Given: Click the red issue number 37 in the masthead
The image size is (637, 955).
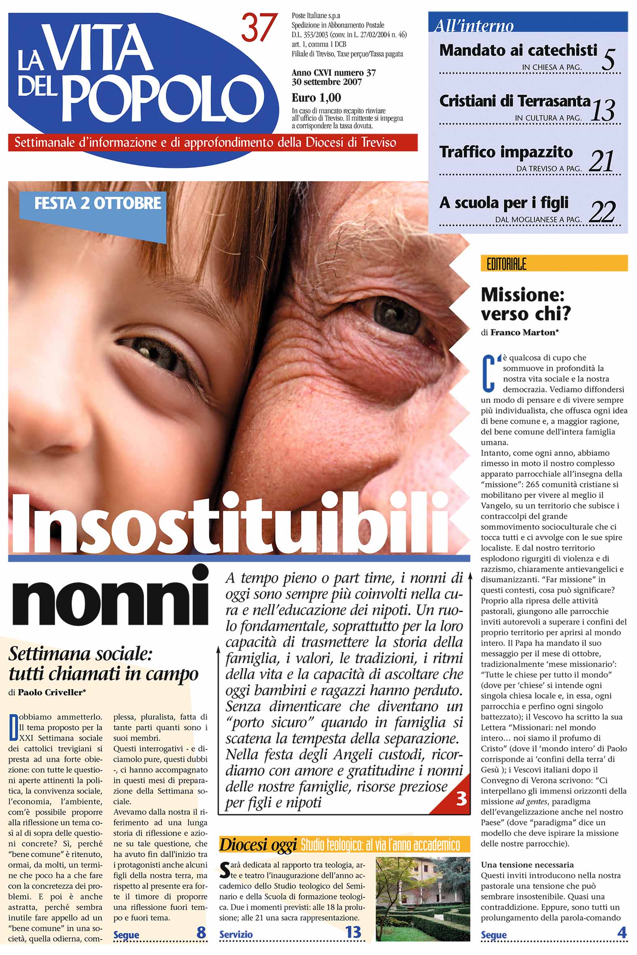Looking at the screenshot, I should pos(259,27).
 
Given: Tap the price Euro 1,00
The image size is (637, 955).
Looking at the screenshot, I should pos(316,98).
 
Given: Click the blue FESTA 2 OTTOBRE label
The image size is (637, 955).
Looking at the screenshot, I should pos(98,203).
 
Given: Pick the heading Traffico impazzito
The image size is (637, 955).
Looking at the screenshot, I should pos(506,152).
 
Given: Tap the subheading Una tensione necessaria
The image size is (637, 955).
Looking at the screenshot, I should pos(527,865).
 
